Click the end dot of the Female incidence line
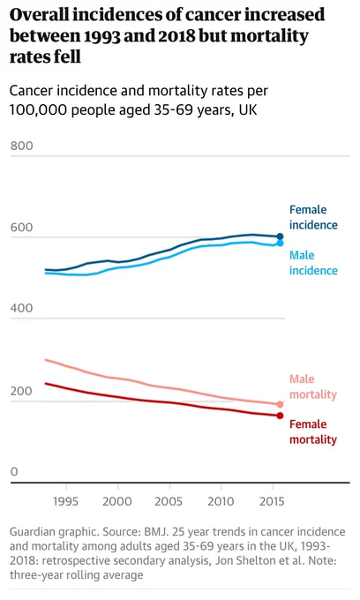(280, 236)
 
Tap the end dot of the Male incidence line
(280, 243)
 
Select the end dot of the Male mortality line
(280, 404)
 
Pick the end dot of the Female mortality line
(280, 416)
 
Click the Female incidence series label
(313, 217)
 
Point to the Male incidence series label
(313, 263)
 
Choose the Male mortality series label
(313, 386)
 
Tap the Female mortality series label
(313, 432)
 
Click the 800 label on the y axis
(21, 146)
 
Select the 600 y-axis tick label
(21, 228)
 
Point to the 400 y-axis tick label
(21, 308)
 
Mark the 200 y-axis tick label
(21, 391)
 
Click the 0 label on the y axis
(14, 471)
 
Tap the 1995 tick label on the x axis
(65, 501)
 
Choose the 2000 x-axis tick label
(117, 501)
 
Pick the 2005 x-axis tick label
(169, 501)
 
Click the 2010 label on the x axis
(221, 501)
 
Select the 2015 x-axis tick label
(272, 501)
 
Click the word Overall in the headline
(39, 14)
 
